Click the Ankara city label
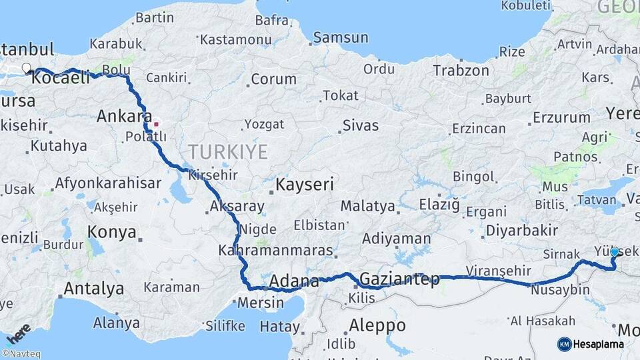click(124, 116)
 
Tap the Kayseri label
click(305, 185)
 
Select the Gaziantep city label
click(399, 279)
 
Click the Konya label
click(112, 233)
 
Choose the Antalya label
click(93, 289)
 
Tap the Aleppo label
click(377, 325)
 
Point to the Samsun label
click(341, 37)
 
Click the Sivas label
click(360, 125)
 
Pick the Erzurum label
click(561, 118)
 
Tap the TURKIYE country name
click(227, 152)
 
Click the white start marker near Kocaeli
click(26, 67)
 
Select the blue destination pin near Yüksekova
click(615, 253)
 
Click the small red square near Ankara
click(156, 123)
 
